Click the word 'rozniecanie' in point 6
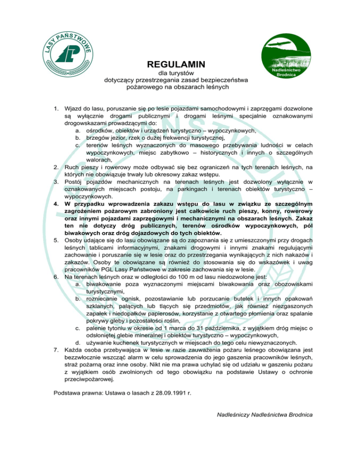point(104,299)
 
